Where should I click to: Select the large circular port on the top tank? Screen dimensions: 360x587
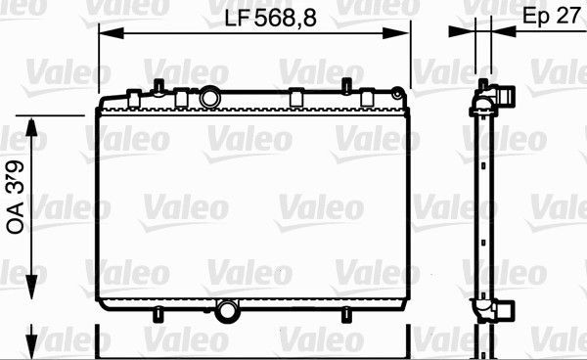tap(210, 98)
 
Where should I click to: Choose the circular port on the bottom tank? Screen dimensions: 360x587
tap(228, 312)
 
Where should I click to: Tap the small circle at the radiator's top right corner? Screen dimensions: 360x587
tap(397, 94)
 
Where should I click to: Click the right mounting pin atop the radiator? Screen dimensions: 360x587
tap(346, 84)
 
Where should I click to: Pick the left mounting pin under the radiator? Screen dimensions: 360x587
tap(158, 314)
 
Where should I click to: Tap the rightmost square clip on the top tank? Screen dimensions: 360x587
tap(367, 97)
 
